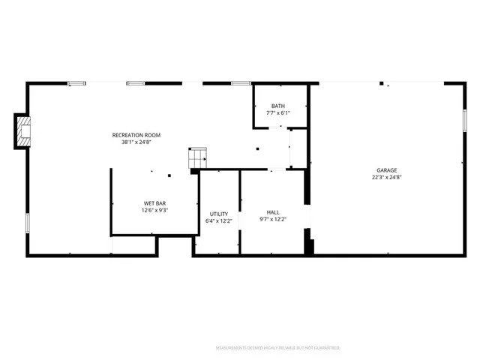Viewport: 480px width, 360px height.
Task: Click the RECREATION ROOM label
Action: pyautogui.click(x=136, y=135)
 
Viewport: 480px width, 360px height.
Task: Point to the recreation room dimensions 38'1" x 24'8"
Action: pyautogui.click(x=136, y=142)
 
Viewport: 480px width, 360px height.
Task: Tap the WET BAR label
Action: pyautogui.click(x=155, y=203)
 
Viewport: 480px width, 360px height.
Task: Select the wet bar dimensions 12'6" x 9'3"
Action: pyautogui.click(x=155, y=211)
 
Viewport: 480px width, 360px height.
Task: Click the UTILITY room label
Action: pyautogui.click(x=218, y=214)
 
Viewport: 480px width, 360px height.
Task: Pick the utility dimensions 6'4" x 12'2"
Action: pyautogui.click(x=218, y=220)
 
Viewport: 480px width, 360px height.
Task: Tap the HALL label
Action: pyautogui.click(x=273, y=212)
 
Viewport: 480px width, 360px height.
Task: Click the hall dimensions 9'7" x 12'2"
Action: pyautogui.click(x=273, y=219)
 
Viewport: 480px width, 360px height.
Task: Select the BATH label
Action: pyautogui.click(x=278, y=106)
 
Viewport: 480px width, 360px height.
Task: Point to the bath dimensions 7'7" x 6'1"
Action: pyautogui.click(x=278, y=113)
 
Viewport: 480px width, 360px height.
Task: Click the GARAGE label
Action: pyautogui.click(x=387, y=170)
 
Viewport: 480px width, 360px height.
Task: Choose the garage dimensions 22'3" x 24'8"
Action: pyautogui.click(x=387, y=178)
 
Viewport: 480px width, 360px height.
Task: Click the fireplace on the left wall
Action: pyautogui.click(x=24, y=129)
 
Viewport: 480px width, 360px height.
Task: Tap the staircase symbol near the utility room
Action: pyautogui.click(x=197, y=157)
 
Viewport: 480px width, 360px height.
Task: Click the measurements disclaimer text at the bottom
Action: pyautogui.click(x=277, y=348)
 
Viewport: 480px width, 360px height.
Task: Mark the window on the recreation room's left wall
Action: pyautogui.click(x=28, y=223)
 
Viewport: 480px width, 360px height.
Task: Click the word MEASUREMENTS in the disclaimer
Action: pyautogui.click(x=232, y=348)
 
